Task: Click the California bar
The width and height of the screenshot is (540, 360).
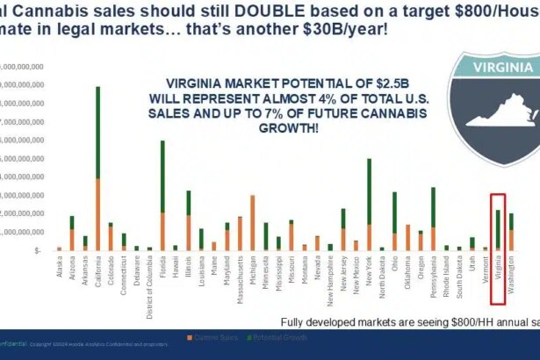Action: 97,167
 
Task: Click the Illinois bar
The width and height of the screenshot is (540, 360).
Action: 188,220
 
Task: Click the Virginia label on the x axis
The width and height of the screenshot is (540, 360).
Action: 498,269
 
